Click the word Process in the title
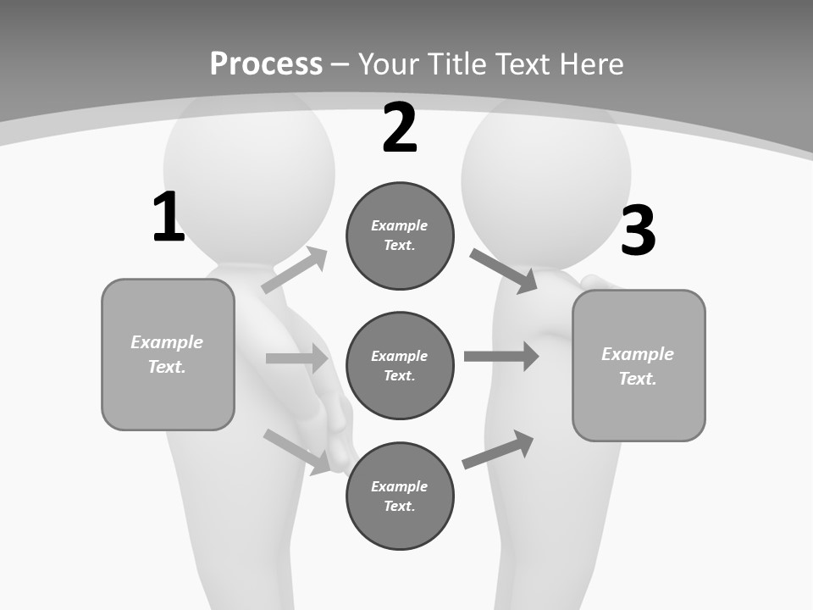266,64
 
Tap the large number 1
168,218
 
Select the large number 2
400,129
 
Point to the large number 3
639,231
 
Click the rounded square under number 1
168,354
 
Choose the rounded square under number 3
639,365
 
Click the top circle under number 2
400,236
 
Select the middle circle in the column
400,365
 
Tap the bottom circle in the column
400,496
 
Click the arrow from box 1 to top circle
295,270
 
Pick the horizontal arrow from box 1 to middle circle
296,358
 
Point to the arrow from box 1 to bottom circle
296,452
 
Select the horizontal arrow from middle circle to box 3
501,356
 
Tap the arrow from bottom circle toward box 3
498,449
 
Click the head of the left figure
248,161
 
